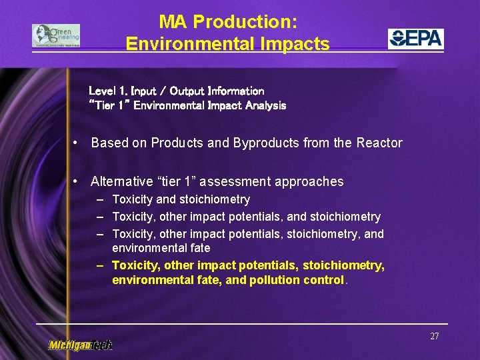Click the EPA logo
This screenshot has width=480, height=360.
coord(416,39)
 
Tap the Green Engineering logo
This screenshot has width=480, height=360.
coord(56,36)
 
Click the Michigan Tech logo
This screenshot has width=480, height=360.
coord(80,345)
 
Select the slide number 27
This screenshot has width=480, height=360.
coord(434,336)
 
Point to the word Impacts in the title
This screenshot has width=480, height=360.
coord(298,44)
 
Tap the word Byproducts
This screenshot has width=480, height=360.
coord(263,143)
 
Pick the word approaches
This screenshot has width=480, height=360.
coord(313,181)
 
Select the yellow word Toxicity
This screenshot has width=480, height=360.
coord(134,265)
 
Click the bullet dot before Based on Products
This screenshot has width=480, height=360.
coord(78,143)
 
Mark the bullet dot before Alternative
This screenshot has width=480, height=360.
coord(78,181)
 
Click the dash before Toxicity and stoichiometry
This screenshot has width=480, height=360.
coord(99,199)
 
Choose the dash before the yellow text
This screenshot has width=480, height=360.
coord(99,265)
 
